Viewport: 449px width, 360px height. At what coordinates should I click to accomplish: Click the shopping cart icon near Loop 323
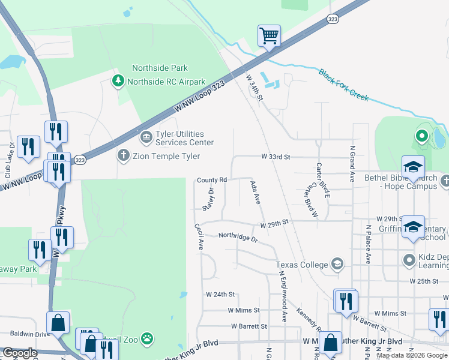(x=270, y=35)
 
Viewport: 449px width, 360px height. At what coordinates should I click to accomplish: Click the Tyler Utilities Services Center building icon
(x=146, y=139)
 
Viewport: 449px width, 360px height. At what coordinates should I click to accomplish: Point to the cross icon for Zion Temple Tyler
(x=123, y=156)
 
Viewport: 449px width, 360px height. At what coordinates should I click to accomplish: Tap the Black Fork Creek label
(x=344, y=85)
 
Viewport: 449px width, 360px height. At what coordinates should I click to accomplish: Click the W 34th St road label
(x=255, y=88)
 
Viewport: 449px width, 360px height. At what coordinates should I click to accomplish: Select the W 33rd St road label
(x=276, y=157)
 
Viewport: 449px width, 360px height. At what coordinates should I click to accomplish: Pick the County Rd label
(x=212, y=180)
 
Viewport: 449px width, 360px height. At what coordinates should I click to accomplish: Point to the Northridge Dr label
(x=238, y=238)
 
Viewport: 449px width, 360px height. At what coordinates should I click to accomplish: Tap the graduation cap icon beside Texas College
(x=337, y=264)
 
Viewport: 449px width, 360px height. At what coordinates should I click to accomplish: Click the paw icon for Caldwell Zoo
(x=147, y=340)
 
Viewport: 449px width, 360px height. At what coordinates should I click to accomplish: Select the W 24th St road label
(x=220, y=295)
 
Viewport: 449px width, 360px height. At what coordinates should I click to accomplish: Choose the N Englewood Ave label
(x=282, y=296)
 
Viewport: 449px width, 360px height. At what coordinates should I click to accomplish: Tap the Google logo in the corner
(x=20, y=353)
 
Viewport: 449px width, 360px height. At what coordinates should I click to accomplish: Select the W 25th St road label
(x=425, y=281)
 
